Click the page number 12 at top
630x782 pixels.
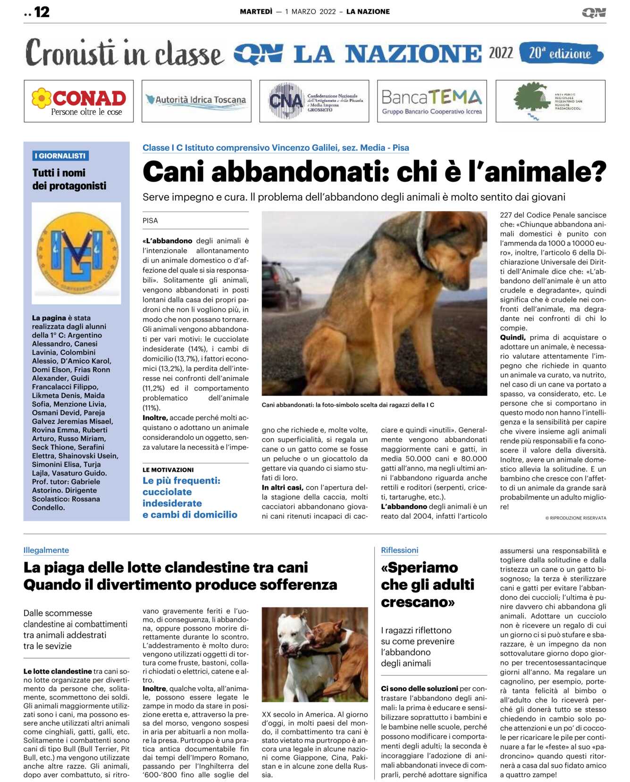tap(42, 12)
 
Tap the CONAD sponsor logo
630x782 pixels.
tap(79, 101)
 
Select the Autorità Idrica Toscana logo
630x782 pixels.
tap(196, 101)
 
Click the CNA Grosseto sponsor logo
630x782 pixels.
tap(314, 101)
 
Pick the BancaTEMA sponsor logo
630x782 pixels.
tap(432, 101)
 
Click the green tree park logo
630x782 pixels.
tap(550, 101)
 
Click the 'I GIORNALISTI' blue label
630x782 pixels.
tap(60, 156)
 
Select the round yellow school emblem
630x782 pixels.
tap(76, 252)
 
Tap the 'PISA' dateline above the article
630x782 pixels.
tap(151, 220)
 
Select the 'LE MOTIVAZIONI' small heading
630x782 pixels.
tap(168, 470)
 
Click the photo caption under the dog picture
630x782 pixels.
tap(348, 405)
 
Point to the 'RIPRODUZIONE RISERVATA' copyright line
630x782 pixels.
tap(576, 518)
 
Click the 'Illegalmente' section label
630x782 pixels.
tap(46, 550)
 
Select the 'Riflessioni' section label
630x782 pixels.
tap(400, 550)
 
